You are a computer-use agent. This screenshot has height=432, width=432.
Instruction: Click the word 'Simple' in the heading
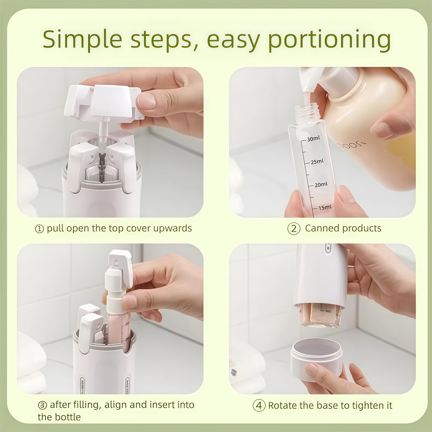pyautogui.click(x=82, y=39)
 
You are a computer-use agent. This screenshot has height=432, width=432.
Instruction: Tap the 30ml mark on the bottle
pyautogui.click(x=313, y=139)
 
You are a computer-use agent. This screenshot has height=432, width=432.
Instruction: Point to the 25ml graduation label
pyautogui.click(x=317, y=162)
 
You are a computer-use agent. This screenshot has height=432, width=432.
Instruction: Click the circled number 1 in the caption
pyautogui.click(x=39, y=229)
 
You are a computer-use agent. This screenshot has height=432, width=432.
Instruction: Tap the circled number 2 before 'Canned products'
pyautogui.click(x=294, y=229)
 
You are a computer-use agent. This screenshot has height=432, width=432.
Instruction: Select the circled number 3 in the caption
pyautogui.click(x=42, y=405)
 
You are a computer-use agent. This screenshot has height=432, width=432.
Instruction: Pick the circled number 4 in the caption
pyautogui.click(x=259, y=406)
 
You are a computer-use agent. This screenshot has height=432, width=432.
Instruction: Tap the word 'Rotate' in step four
pyautogui.click(x=283, y=406)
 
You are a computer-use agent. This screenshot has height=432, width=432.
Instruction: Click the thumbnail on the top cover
pyautogui.click(x=147, y=101)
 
